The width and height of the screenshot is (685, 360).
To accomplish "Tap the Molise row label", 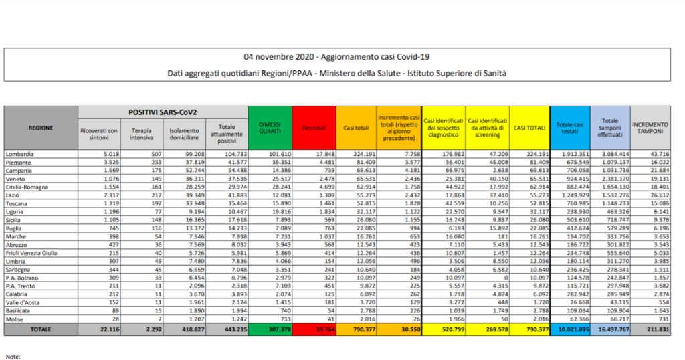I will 15,319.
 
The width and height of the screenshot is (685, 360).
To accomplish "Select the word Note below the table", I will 13,356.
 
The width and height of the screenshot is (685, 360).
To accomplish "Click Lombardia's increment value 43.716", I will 657,153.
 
